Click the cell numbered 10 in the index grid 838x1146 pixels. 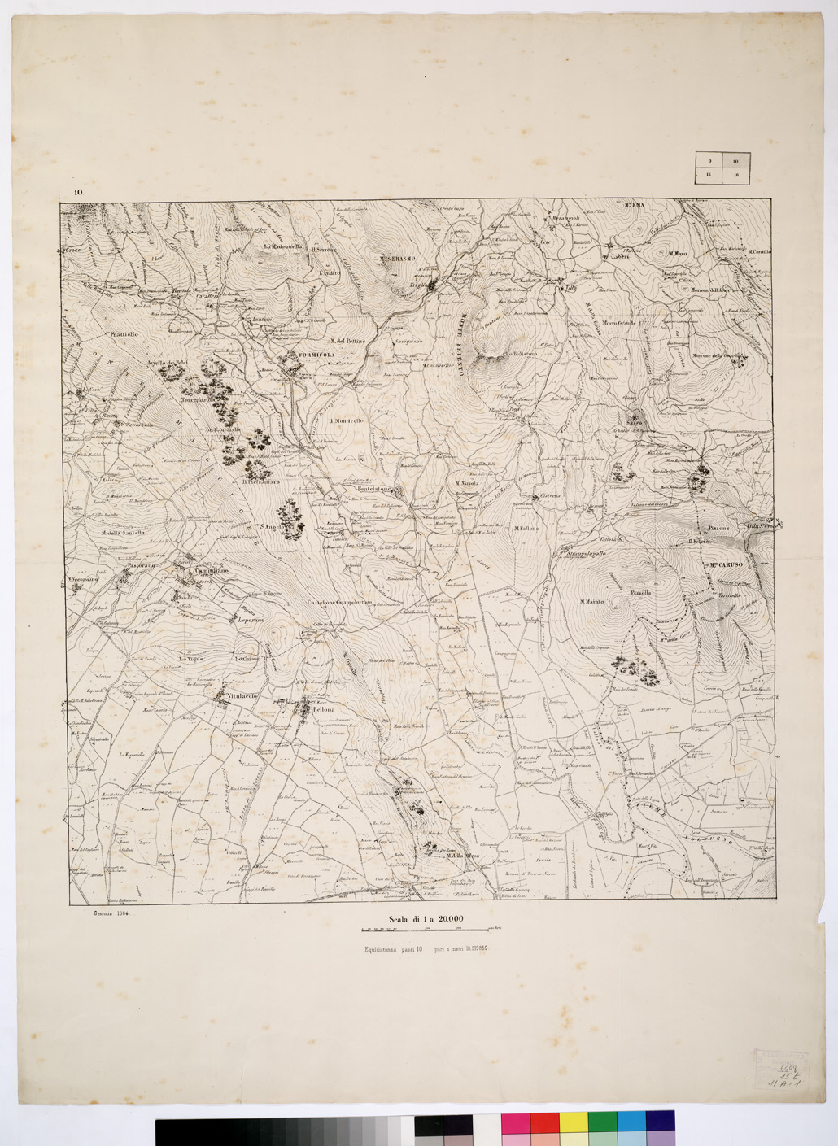coord(735,162)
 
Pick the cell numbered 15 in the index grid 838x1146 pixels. coord(709,175)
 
